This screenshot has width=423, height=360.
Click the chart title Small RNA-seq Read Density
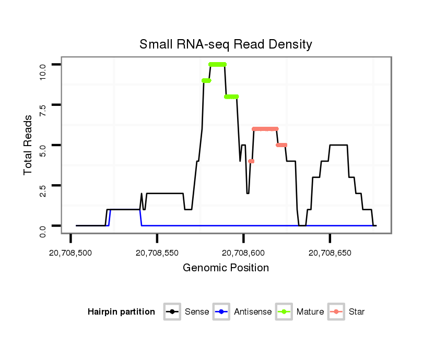226,44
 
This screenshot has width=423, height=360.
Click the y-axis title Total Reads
28,145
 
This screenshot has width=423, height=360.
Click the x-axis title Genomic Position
226,268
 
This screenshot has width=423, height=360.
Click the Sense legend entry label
197,312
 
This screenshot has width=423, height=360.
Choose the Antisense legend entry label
253,312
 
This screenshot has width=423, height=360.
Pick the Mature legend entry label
310,312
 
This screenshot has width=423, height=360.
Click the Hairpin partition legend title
121,312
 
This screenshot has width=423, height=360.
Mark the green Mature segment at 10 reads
217,65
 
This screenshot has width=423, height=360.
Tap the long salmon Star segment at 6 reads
265,129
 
